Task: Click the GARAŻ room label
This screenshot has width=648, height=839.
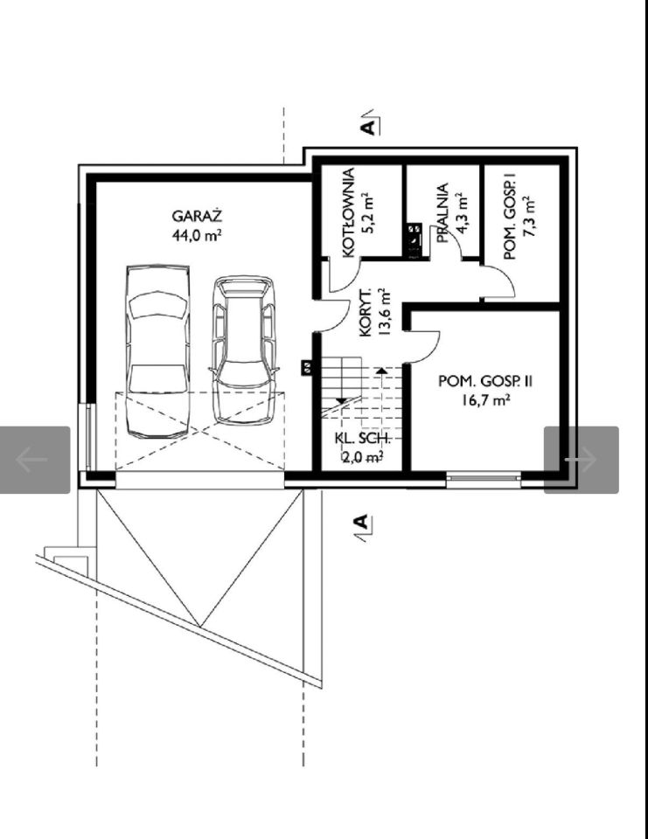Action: click(x=197, y=216)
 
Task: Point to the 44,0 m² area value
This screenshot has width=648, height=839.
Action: click(x=197, y=235)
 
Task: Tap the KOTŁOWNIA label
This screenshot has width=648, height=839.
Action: click(x=349, y=213)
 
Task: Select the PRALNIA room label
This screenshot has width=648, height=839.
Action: click(x=442, y=213)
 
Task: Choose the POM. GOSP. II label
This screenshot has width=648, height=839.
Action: click(x=485, y=382)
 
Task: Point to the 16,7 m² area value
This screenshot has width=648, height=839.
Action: click(x=485, y=400)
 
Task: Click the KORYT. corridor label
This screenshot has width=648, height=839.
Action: click(x=366, y=314)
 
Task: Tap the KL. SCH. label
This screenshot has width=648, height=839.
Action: click(x=363, y=439)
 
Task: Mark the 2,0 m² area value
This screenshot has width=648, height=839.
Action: click(x=363, y=456)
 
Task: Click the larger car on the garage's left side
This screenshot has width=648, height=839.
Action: click(x=158, y=351)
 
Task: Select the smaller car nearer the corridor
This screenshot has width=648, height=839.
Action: click(x=244, y=350)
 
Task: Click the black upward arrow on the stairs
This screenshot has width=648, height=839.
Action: click(x=380, y=371)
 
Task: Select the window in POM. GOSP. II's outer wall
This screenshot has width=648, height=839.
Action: click(x=483, y=480)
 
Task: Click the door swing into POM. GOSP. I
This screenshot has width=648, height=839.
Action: click(x=500, y=282)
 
